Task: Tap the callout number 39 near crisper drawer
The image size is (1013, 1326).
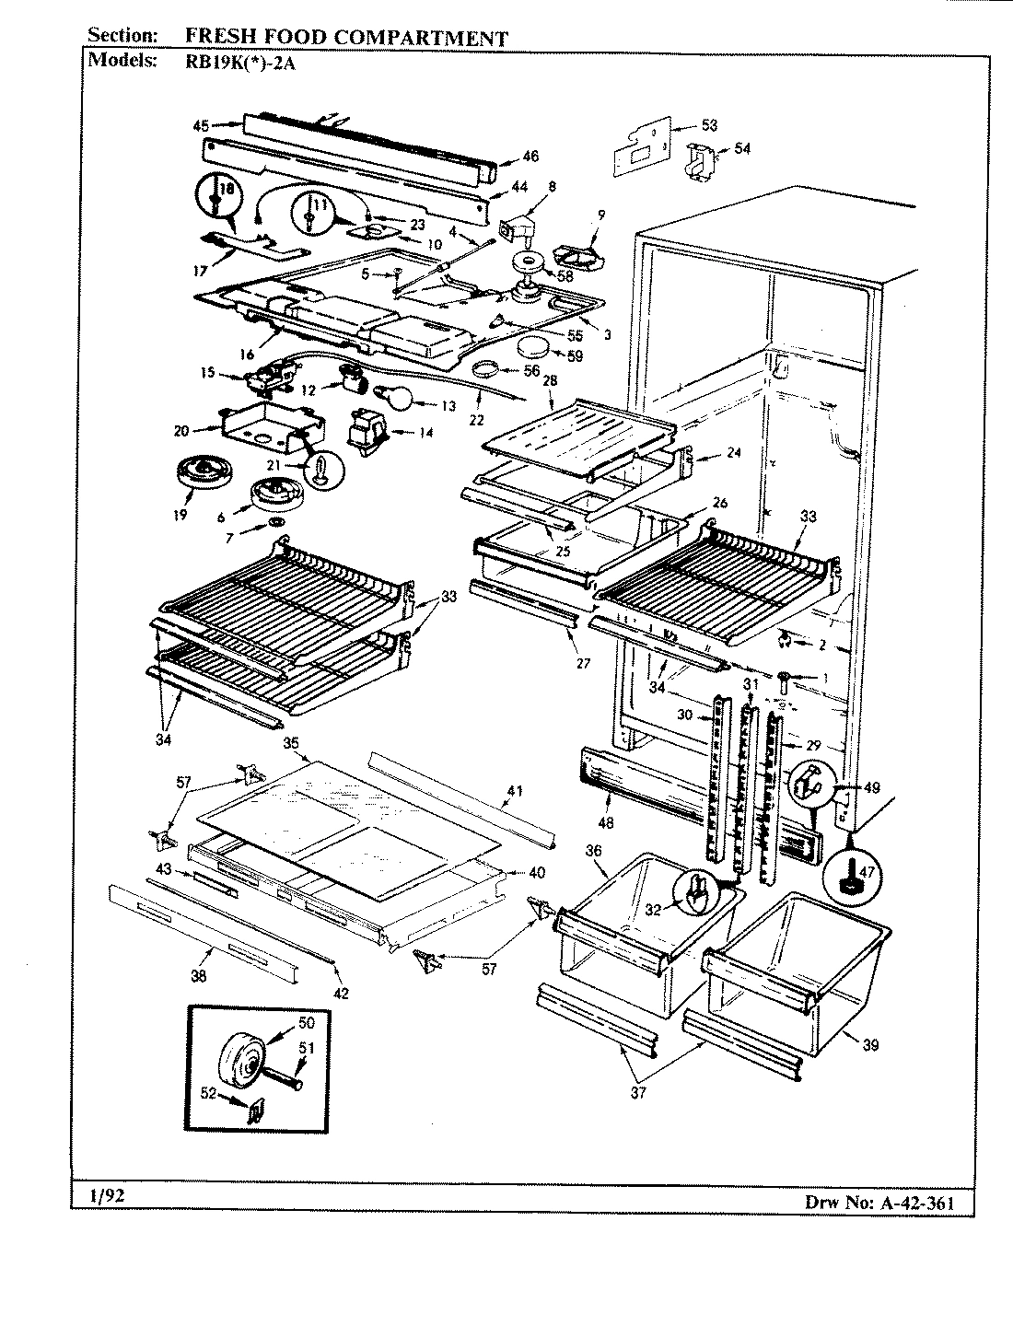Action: tap(870, 1044)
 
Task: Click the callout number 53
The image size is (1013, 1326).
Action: tap(709, 126)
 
